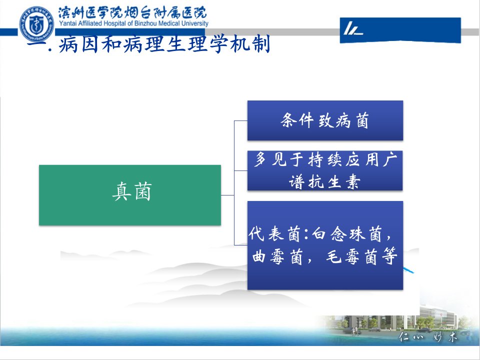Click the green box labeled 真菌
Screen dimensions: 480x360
tap(130, 195)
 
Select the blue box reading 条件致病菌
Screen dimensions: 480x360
tap(325, 120)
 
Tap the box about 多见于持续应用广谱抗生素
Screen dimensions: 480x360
tap(325, 170)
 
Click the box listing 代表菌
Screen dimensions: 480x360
tap(325, 245)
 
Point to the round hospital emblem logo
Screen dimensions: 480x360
tap(36, 24)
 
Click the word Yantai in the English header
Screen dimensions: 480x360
tap(66, 23)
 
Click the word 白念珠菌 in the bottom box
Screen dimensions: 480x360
tap(346, 234)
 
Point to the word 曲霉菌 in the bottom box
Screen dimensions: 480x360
tap(277, 256)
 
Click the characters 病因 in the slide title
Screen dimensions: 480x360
tap(78, 44)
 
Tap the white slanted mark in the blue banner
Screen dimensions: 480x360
tap(353, 28)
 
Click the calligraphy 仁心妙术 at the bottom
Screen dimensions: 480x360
tap(427, 337)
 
